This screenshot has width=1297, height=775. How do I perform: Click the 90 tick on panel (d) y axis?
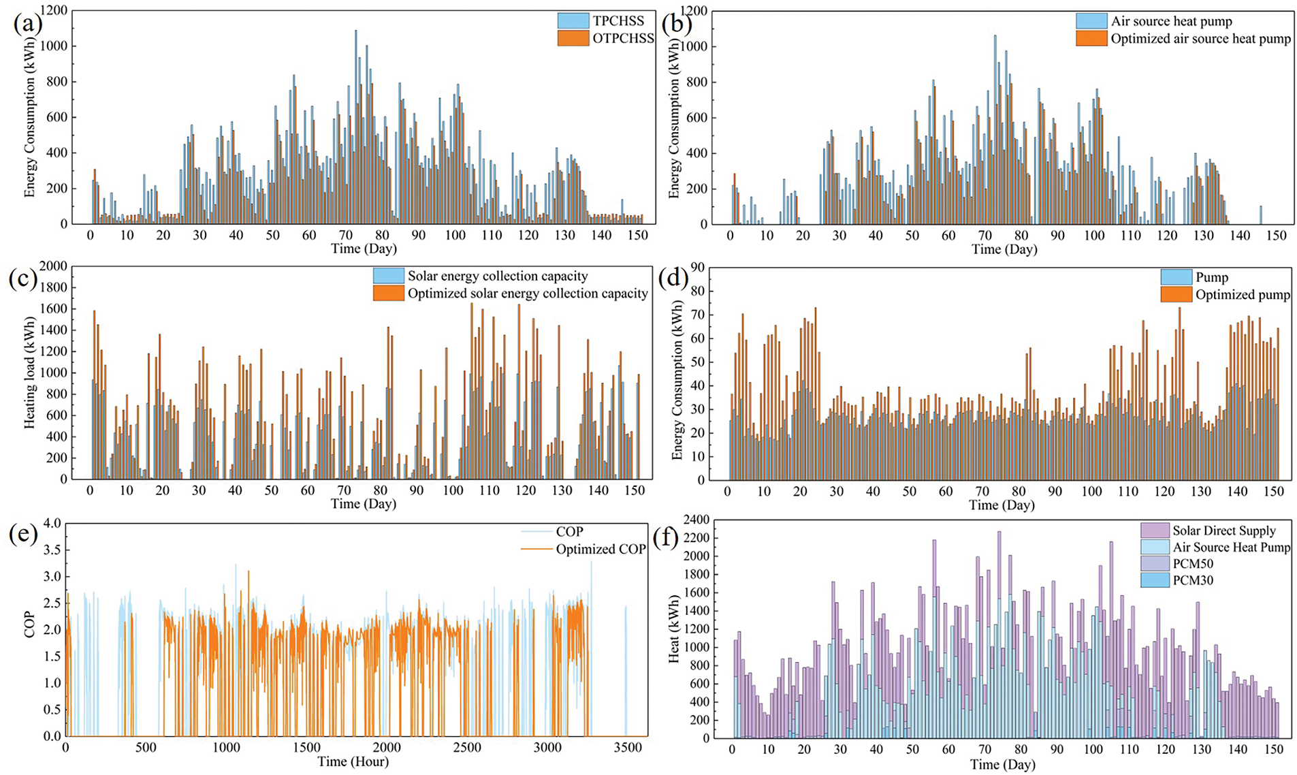716,268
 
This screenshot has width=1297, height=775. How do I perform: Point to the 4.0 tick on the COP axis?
52,523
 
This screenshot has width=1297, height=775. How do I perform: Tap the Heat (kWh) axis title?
674,628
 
